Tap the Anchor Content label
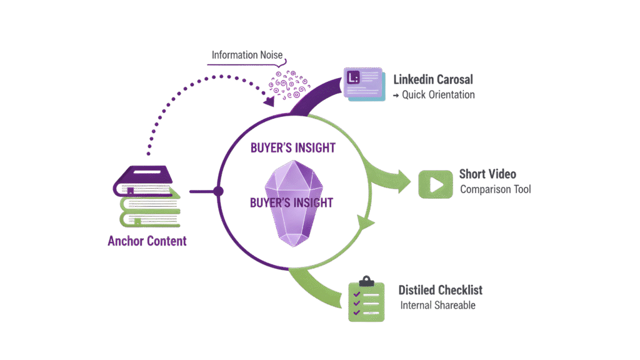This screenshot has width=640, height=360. pyautogui.click(x=147, y=241)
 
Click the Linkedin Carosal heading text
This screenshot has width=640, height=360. pyautogui.click(x=433, y=80)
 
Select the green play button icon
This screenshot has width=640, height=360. pyautogui.click(x=436, y=184)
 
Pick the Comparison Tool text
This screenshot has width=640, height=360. pyautogui.click(x=496, y=189)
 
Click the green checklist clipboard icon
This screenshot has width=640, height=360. pyautogui.click(x=366, y=299)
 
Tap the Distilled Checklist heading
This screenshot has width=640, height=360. pyautogui.click(x=440, y=291)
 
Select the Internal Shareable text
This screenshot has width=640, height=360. pyautogui.click(x=438, y=306)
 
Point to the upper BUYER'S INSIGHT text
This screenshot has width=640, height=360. pyautogui.click(x=292, y=148)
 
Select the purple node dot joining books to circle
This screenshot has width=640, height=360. pyautogui.click(x=218, y=191)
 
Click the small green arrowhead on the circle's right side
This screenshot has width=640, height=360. pyautogui.click(x=367, y=222)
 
